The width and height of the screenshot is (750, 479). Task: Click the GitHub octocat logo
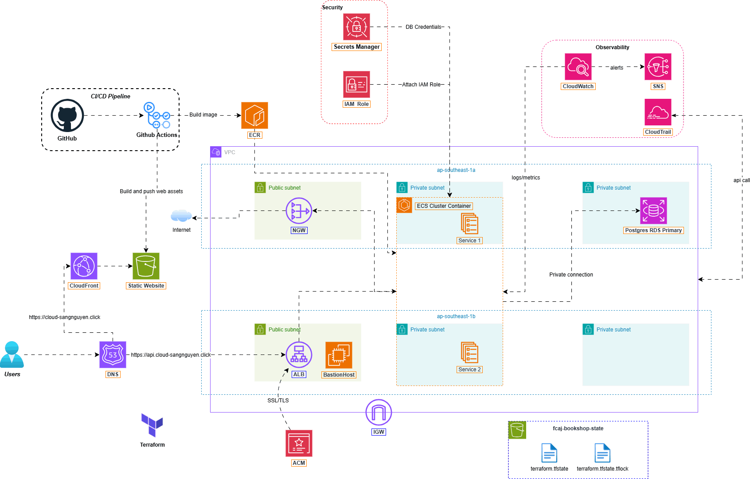pyautogui.click(x=67, y=116)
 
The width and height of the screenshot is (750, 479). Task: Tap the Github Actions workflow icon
pyautogui.click(x=157, y=116)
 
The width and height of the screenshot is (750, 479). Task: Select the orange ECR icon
pyautogui.click(x=254, y=116)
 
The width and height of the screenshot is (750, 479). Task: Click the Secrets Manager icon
pyautogui.click(x=356, y=27)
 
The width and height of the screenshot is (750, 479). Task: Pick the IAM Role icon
pyautogui.click(x=356, y=84)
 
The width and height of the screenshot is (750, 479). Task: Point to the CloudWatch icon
pyautogui.click(x=578, y=66)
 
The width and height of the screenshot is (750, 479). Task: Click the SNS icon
pyautogui.click(x=658, y=66)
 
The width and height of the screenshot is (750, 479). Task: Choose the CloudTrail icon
pyautogui.click(x=658, y=112)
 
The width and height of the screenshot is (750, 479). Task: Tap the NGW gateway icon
pyautogui.click(x=299, y=211)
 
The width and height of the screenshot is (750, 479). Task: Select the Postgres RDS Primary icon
pyautogui.click(x=653, y=211)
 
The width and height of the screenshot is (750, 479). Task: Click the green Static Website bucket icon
pyautogui.click(x=146, y=266)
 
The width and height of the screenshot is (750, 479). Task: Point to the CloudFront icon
pyautogui.click(x=84, y=266)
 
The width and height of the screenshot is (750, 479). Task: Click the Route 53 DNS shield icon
pyautogui.click(x=113, y=355)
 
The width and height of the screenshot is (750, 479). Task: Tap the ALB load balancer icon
pyautogui.click(x=299, y=355)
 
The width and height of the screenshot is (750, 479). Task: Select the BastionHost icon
pyautogui.click(x=339, y=355)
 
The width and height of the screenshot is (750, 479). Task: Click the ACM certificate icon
pyautogui.click(x=299, y=444)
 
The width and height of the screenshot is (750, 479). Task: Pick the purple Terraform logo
pyautogui.click(x=152, y=425)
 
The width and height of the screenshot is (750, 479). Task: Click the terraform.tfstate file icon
pyautogui.click(x=550, y=453)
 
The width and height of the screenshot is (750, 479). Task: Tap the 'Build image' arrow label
pyautogui.click(x=203, y=115)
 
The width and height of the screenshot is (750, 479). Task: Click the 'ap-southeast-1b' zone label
pyautogui.click(x=456, y=316)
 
